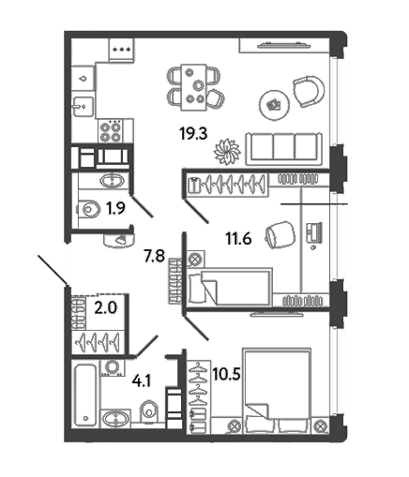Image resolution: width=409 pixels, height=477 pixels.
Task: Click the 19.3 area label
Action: pos(193,134)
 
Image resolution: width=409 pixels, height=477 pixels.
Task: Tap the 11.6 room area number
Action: pos(238,239)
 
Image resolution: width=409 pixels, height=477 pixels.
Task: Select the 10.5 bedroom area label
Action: pos(226,374)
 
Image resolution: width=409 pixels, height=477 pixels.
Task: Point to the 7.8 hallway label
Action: pos(154,257)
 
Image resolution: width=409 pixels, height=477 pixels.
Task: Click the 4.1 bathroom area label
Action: pos(142,381)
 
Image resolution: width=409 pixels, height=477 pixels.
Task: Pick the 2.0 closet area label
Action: pos(106,308)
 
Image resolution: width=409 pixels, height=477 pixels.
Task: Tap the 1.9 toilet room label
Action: pos(115,209)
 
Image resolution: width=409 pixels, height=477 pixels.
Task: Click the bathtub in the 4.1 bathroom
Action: pos(85,395)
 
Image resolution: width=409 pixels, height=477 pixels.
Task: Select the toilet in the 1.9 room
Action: pos(88,209)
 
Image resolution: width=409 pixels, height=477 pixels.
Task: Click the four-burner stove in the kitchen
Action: pos(110,131)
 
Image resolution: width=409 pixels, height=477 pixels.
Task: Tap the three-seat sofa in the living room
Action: pos(284,149)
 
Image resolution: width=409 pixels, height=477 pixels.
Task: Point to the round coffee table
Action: pos(275,105)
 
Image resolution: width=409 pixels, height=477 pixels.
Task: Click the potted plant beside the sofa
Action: pos(227,152)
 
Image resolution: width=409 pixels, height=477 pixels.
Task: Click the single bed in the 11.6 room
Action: pos(230,287)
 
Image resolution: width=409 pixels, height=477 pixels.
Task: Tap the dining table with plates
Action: pos(194,87)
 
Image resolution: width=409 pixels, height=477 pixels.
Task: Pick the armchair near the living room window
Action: pos(308,92)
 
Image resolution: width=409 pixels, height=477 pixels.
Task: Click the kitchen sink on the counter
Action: pos(83,107)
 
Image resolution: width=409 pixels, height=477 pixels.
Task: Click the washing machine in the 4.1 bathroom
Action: pos(112,367)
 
